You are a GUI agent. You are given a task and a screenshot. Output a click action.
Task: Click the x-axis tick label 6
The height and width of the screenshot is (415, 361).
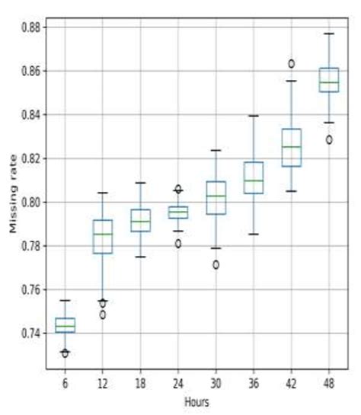tap(65, 385)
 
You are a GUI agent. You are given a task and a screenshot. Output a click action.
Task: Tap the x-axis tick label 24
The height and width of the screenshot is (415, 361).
tap(178, 385)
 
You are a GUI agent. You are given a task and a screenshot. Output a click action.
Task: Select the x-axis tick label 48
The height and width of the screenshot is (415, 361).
tap(329, 385)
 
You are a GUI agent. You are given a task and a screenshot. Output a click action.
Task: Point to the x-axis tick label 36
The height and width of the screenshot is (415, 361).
tap(254, 385)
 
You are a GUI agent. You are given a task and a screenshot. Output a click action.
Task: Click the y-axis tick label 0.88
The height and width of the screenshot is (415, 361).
tap(31, 27)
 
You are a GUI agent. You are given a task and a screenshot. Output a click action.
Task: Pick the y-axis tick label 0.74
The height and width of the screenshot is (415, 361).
tap(31, 334)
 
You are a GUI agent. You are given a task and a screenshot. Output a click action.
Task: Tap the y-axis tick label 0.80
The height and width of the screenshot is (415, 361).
tap(31, 203)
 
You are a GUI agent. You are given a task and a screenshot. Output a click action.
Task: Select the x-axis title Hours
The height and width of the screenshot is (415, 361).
tap(196, 402)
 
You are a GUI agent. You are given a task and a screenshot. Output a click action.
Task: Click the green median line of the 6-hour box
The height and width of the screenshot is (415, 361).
tap(65, 326)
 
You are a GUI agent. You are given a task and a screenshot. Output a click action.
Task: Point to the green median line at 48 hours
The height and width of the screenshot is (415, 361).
tap(329, 82)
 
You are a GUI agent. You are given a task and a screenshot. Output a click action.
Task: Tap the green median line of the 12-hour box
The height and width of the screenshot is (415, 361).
tap(103, 234)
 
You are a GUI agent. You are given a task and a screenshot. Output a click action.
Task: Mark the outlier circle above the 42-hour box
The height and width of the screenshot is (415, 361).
tap(292, 64)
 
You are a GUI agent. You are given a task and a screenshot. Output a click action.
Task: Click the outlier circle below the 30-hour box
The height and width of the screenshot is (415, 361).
tap(216, 265)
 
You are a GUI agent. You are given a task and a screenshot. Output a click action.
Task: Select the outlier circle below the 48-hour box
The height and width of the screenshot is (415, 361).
tap(329, 140)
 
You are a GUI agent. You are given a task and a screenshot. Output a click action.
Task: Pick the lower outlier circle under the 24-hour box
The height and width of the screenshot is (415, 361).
tap(178, 244)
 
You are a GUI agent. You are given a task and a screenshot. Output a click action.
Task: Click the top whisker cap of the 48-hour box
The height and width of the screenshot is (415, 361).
tap(329, 34)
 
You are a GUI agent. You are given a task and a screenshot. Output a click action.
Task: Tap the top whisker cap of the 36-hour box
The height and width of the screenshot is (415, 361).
tap(254, 116)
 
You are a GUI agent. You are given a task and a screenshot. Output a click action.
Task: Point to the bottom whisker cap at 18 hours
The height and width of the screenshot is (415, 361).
tap(141, 257)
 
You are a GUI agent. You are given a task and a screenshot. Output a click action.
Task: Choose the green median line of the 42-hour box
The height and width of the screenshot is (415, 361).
tap(292, 146)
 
